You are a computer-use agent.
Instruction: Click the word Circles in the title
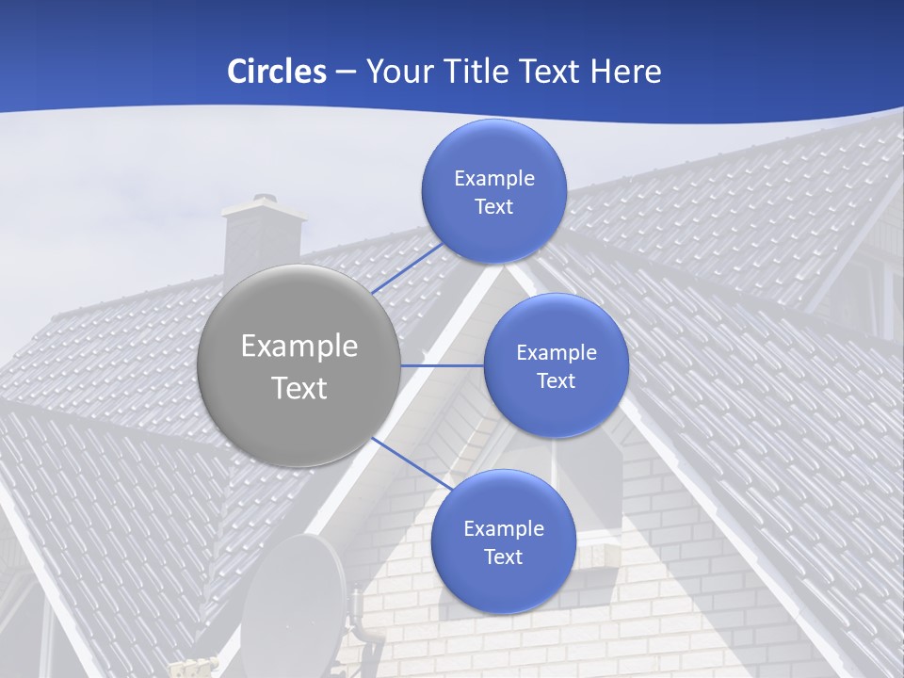pyautogui.click(x=277, y=72)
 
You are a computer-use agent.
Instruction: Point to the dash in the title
pyautogui.click(x=346, y=73)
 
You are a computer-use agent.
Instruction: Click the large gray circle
pyautogui.click(x=299, y=365)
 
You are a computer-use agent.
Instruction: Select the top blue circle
pyautogui.click(x=493, y=191)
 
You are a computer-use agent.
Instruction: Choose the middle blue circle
pyautogui.click(x=556, y=365)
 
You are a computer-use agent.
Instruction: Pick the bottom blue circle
pyautogui.click(x=503, y=541)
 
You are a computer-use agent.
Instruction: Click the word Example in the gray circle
pyautogui.click(x=299, y=346)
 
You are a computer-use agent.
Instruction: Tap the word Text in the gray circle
pyautogui.click(x=299, y=388)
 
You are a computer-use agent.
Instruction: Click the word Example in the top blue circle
pyautogui.click(x=493, y=178)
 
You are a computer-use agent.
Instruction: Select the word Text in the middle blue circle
pyautogui.click(x=556, y=380)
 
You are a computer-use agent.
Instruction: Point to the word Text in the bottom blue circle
pyautogui.click(x=503, y=557)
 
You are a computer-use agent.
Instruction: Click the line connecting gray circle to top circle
pyautogui.click(x=407, y=267)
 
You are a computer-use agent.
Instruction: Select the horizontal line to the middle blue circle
pyautogui.click(x=442, y=365)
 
